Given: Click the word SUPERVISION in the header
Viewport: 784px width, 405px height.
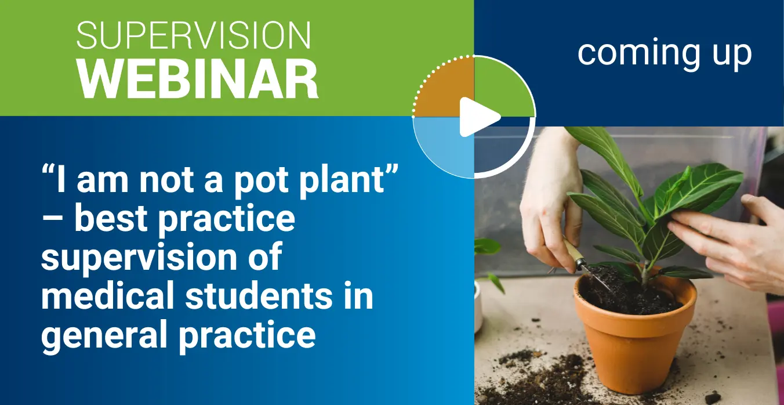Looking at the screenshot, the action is [x=194, y=35].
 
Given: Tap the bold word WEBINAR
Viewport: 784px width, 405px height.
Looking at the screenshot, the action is [x=198, y=79].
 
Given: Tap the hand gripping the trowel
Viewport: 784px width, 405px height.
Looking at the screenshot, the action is [x=550, y=203].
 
